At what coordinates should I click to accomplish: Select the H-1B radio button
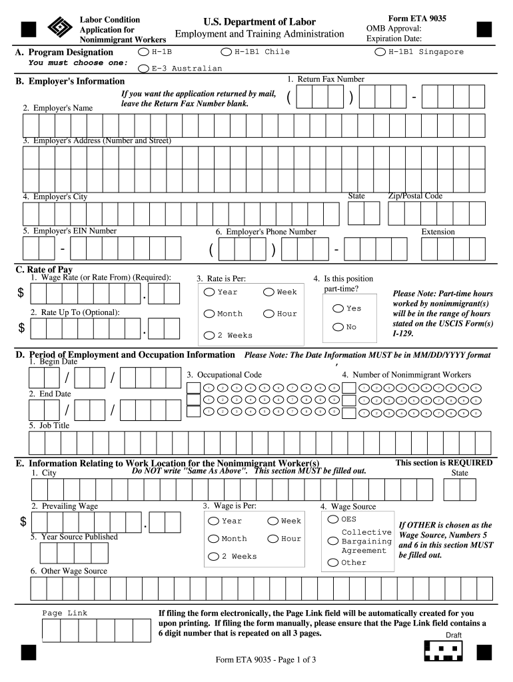(143, 52)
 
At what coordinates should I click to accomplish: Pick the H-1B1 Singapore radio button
(380, 52)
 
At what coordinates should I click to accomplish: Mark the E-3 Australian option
(143, 68)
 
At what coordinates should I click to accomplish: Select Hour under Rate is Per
(268, 314)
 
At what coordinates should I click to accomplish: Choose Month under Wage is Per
(213, 539)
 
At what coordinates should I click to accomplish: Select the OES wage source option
(333, 519)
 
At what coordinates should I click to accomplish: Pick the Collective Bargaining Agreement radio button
(333, 541)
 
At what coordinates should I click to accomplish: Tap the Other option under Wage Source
(333, 563)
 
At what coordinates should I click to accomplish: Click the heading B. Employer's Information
(70, 81)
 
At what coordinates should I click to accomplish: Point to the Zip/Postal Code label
(415, 196)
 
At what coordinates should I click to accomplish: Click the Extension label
(438, 232)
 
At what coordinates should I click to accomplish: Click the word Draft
(453, 635)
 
